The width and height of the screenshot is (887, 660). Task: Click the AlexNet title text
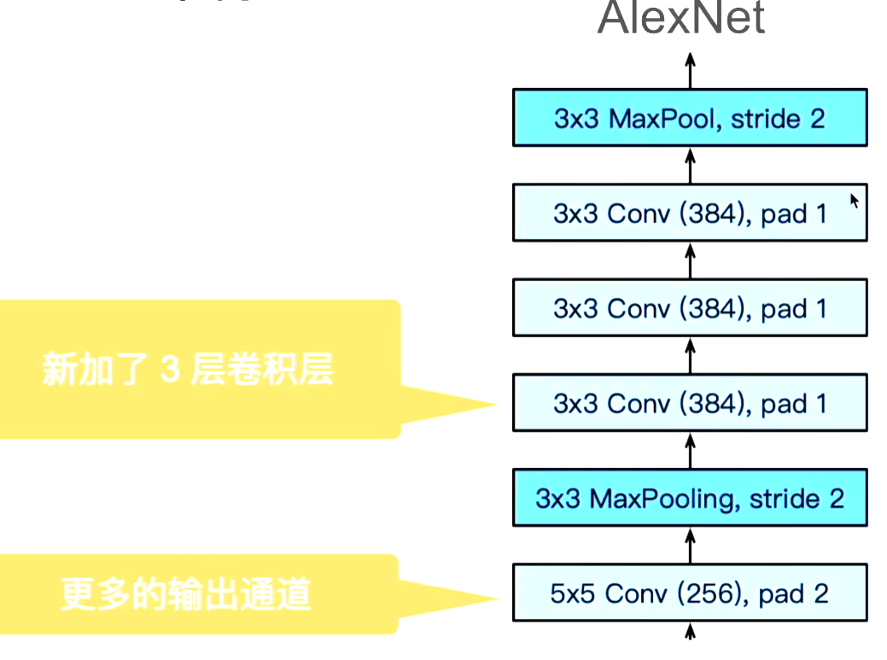pos(680,19)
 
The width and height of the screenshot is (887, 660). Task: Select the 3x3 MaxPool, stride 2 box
pos(690,118)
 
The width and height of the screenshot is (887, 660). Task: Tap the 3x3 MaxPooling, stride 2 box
pos(690,498)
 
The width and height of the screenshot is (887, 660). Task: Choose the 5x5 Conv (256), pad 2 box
pos(690,593)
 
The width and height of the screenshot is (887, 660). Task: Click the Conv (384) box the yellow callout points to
pos(690,403)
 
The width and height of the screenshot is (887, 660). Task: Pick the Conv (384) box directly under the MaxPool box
pos(690,213)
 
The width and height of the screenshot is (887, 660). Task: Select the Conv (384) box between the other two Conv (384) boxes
pos(690,307)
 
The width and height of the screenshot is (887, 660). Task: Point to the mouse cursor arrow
pos(854,201)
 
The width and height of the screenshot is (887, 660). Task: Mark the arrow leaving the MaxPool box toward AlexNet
pos(691,71)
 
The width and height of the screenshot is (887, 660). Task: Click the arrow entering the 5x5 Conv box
pos(691,634)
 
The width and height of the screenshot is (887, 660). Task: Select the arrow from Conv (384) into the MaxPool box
pos(691,165)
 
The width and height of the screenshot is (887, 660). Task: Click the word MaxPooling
pos(654,499)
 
